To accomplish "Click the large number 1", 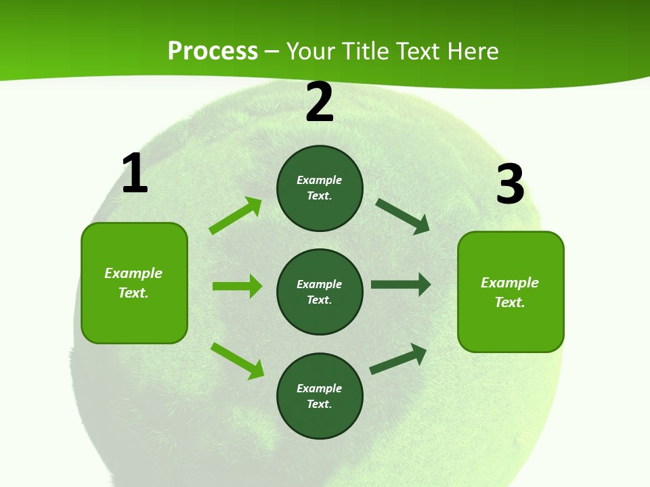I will (x=135, y=174).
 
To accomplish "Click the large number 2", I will (x=320, y=103).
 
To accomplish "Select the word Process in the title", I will (x=213, y=51).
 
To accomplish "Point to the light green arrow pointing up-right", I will (x=235, y=216).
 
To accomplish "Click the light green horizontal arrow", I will (x=237, y=286).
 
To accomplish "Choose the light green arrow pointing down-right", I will (x=237, y=361).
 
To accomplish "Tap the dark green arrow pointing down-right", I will (x=402, y=216).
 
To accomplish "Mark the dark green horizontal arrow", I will (x=400, y=285).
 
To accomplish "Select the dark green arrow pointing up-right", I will (x=398, y=358).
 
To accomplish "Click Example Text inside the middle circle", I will (x=320, y=292).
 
